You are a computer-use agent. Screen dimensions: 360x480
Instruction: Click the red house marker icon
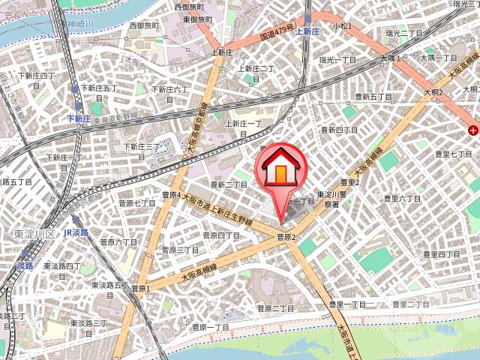280,169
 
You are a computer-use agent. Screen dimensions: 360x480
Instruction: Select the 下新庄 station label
78,118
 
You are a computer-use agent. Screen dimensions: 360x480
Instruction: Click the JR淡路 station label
76,232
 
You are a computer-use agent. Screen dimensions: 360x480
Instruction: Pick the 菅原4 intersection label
172,195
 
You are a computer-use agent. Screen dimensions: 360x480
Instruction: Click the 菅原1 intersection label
141,288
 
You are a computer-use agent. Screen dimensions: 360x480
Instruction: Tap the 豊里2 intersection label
349,182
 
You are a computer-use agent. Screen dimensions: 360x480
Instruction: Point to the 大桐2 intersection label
433,92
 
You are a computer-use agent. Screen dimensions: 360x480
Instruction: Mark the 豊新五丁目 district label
373,97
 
